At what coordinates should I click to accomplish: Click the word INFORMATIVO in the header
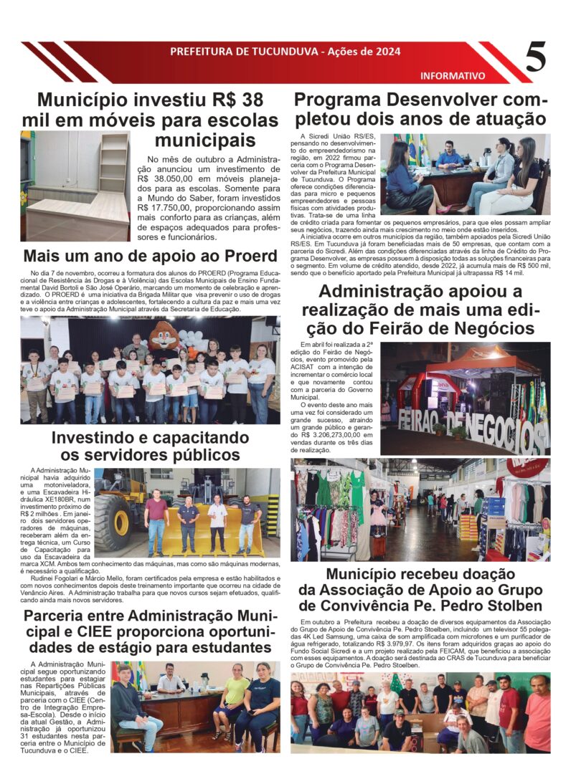[x=452, y=75]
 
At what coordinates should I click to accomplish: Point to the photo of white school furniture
[x=75, y=186]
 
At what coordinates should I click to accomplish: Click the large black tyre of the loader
[x=113, y=522]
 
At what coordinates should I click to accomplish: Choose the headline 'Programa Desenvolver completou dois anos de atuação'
[x=420, y=108]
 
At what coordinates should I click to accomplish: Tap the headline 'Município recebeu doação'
[x=420, y=574]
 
